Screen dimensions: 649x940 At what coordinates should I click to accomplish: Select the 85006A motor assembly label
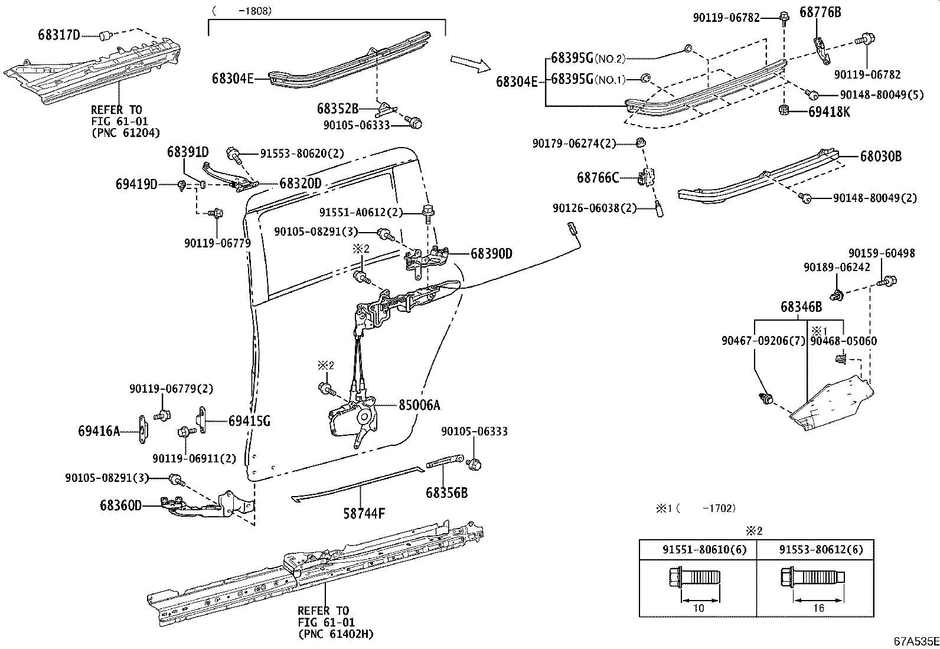tap(419, 406)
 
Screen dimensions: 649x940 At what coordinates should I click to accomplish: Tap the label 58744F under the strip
tap(364, 514)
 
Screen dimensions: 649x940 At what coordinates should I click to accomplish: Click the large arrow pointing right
tap(470, 62)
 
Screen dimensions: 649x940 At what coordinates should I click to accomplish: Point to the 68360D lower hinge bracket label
tap(120, 505)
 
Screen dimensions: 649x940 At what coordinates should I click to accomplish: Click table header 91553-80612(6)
tap(820, 550)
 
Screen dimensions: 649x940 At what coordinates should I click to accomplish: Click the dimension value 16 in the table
tap(818, 608)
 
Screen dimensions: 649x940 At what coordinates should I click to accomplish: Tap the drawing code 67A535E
tap(915, 641)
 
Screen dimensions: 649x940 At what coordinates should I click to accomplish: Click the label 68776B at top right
tap(820, 12)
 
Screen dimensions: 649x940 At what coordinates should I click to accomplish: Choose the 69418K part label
tap(829, 112)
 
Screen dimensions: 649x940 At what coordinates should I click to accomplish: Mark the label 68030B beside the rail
tap(880, 157)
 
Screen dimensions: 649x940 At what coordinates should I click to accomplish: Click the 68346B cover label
tap(801, 307)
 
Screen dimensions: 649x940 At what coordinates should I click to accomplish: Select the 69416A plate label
tap(99, 432)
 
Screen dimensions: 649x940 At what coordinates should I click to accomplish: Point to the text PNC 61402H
tap(336, 634)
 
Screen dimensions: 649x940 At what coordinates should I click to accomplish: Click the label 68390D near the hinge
tap(491, 254)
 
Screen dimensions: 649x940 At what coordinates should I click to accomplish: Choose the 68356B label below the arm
tap(446, 492)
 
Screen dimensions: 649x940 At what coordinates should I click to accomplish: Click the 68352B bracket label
tap(338, 109)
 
